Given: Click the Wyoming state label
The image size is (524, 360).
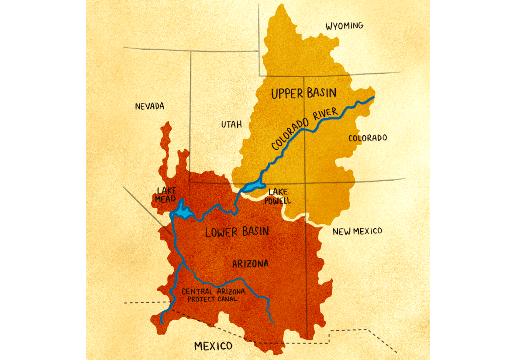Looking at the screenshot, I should pos(345,26).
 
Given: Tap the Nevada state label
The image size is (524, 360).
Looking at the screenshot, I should pos(149,106).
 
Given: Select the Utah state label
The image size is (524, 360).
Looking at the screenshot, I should pos(231,125).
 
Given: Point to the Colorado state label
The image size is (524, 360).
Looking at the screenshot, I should pos(368,138).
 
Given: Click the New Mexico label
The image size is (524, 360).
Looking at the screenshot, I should pos(357,231).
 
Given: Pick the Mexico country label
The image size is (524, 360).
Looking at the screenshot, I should pos(213,346).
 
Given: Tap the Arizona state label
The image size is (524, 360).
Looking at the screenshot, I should pos(250,264).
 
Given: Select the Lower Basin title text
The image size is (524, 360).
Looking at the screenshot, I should pos(237,232).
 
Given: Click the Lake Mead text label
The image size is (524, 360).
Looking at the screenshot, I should pos(165,194).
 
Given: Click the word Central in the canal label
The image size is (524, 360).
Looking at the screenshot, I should pos(197,291).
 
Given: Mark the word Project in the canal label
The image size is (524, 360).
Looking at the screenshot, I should pos(201,299).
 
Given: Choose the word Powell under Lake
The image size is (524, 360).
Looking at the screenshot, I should pos(277,201).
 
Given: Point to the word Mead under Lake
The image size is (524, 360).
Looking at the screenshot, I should pos(165,199).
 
